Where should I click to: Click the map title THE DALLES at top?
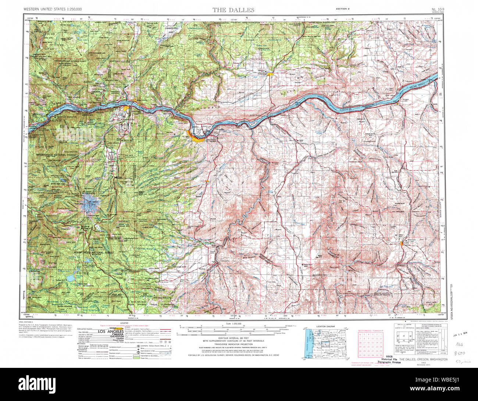click(233, 10)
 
